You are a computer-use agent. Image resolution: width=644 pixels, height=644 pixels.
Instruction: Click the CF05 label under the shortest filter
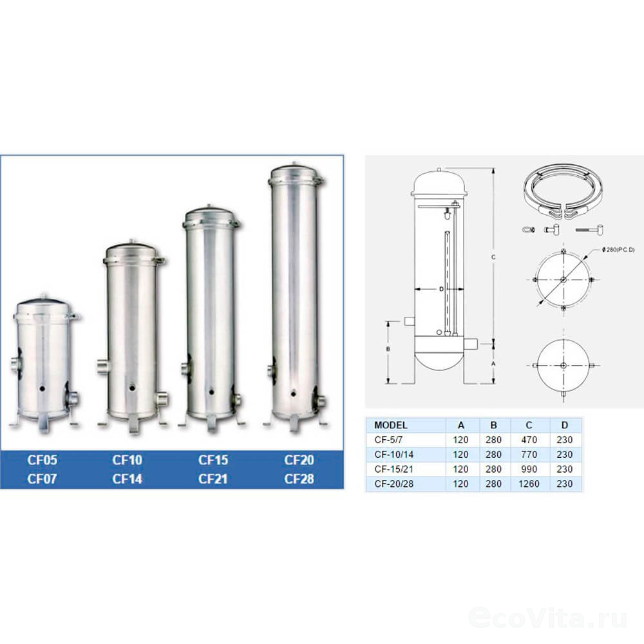point(42,460)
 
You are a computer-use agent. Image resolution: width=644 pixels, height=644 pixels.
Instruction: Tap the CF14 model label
point(128,479)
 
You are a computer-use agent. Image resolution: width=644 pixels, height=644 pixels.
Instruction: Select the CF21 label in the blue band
point(213,479)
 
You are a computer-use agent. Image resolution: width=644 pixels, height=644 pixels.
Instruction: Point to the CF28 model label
point(299,479)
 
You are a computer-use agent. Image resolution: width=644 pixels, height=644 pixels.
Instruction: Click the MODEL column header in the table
point(391,425)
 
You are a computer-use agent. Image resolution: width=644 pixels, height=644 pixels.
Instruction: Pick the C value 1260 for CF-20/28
point(529,484)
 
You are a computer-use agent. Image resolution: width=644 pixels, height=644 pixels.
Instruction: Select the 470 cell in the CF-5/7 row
point(529,440)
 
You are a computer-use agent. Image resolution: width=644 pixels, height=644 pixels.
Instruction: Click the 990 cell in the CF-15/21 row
point(529,469)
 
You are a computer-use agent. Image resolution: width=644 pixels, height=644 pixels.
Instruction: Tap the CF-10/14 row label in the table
point(394,454)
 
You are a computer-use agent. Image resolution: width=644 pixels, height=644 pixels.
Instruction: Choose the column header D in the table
point(565,425)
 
